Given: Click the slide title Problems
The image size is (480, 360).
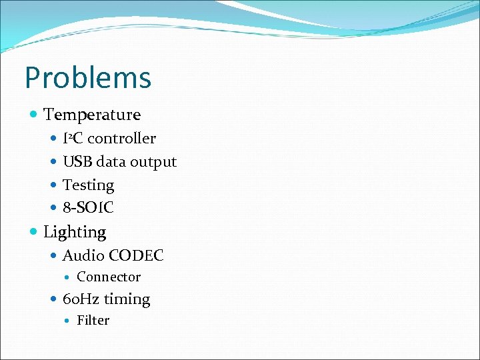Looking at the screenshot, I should click(x=88, y=78).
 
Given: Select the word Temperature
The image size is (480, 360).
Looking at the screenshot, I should click(x=92, y=115).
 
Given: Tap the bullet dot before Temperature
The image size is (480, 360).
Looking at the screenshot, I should click(x=34, y=115).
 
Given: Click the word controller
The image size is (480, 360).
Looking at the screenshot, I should click(x=121, y=139).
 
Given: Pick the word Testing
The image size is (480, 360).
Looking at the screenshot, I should click(x=88, y=185).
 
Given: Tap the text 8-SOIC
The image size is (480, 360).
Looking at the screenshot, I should click(x=88, y=208).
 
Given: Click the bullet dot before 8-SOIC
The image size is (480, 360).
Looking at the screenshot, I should click(x=55, y=208).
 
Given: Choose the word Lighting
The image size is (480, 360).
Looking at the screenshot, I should click(x=75, y=232).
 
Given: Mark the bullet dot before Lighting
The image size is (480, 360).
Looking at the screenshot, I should click(x=34, y=232).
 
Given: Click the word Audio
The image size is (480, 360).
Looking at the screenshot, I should click(x=83, y=255).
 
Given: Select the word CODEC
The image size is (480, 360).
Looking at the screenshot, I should click(x=136, y=255).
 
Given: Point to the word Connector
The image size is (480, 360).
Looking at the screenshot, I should click(x=109, y=277).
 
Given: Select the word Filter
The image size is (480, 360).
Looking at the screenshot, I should click(x=93, y=321).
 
